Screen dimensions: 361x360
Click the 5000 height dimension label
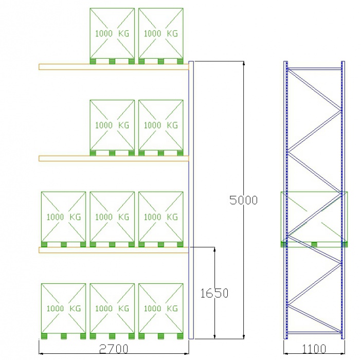pos(243,200)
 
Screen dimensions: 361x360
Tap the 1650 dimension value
pos(214,293)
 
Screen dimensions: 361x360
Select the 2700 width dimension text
pos(114,349)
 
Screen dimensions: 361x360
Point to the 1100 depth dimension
pos(314,349)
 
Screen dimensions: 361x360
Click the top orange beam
pos(114,67)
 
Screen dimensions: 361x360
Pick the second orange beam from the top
pos(114,158)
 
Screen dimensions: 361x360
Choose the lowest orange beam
pos(114,250)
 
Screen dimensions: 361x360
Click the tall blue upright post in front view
pos(191,200)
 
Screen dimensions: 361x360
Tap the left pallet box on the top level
pos(112,36)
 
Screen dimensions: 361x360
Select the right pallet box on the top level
pos(161,36)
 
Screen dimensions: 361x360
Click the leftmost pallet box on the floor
pos(64,311)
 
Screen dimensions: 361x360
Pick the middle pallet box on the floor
pos(112,311)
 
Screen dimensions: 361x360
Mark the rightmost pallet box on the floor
pos(161,311)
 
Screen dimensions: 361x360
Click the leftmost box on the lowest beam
pos(64,220)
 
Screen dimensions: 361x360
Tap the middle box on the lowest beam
pos(112,220)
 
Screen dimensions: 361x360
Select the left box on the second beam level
pos(112,128)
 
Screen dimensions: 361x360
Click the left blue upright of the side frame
pos(286,200)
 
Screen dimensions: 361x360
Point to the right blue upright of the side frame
pos(343,200)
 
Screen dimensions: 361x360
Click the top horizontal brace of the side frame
pos(314,68)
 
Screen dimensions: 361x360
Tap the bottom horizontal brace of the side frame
pos(314,333)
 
